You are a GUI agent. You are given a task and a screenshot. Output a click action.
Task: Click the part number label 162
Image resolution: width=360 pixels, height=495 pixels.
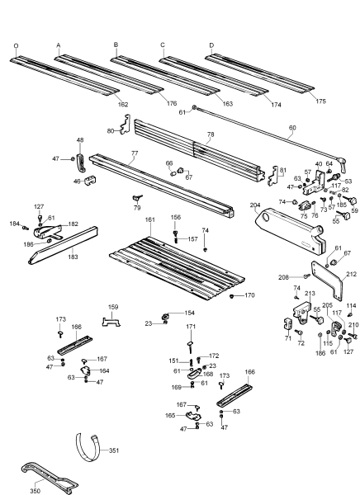click(122, 104)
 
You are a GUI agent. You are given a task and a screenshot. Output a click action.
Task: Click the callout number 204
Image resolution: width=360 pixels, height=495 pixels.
click(255, 206)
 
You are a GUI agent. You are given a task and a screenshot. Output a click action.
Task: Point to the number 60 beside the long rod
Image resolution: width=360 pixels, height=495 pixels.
click(291, 128)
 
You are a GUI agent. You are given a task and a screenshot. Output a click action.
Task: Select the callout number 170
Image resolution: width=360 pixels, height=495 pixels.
click(250, 295)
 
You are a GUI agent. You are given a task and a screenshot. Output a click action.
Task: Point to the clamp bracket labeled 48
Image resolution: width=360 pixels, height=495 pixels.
click(81, 154)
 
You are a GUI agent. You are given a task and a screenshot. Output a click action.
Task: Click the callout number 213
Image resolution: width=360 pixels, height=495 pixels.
click(310, 293)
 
